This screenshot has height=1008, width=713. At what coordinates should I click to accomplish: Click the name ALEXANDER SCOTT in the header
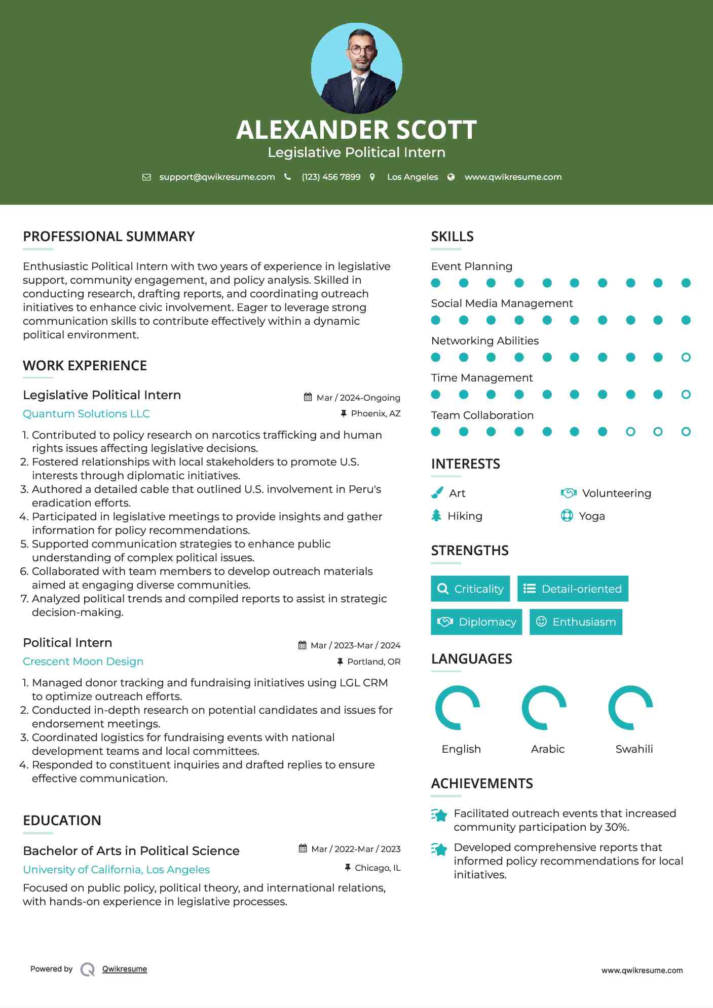(x=356, y=130)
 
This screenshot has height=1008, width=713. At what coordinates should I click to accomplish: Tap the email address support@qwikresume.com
(x=217, y=177)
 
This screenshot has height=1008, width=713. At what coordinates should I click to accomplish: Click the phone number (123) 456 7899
(x=331, y=177)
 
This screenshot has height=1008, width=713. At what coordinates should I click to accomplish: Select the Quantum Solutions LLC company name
(x=86, y=413)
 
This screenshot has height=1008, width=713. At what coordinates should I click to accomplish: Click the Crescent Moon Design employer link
(x=83, y=661)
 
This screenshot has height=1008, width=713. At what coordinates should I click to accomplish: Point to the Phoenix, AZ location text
(x=376, y=413)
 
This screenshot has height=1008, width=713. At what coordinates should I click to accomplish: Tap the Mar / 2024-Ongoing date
(x=358, y=398)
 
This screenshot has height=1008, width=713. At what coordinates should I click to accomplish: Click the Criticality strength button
(x=470, y=589)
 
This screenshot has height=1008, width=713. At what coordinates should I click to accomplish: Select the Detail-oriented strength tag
(x=573, y=589)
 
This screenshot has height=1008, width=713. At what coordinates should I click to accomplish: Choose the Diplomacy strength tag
(x=476, y=622)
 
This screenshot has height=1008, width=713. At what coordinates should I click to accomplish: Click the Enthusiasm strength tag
(x=576, y=622)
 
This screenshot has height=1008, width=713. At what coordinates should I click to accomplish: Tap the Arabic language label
(x=547, y=749)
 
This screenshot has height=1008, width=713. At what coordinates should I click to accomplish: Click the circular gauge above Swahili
(x=630, y=708)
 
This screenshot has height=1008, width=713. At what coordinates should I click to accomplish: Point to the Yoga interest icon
(x=567, y=516)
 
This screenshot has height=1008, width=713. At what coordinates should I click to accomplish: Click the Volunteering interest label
(x=616, y=493)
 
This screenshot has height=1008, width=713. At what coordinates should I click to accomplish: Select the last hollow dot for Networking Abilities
(x=686, y=357)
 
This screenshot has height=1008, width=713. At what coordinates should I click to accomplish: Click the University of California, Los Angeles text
(x=116, y=869)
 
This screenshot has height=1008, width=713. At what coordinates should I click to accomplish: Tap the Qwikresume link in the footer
(x=124, y=968)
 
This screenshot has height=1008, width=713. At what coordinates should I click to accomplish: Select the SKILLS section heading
(x=452, y=237)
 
